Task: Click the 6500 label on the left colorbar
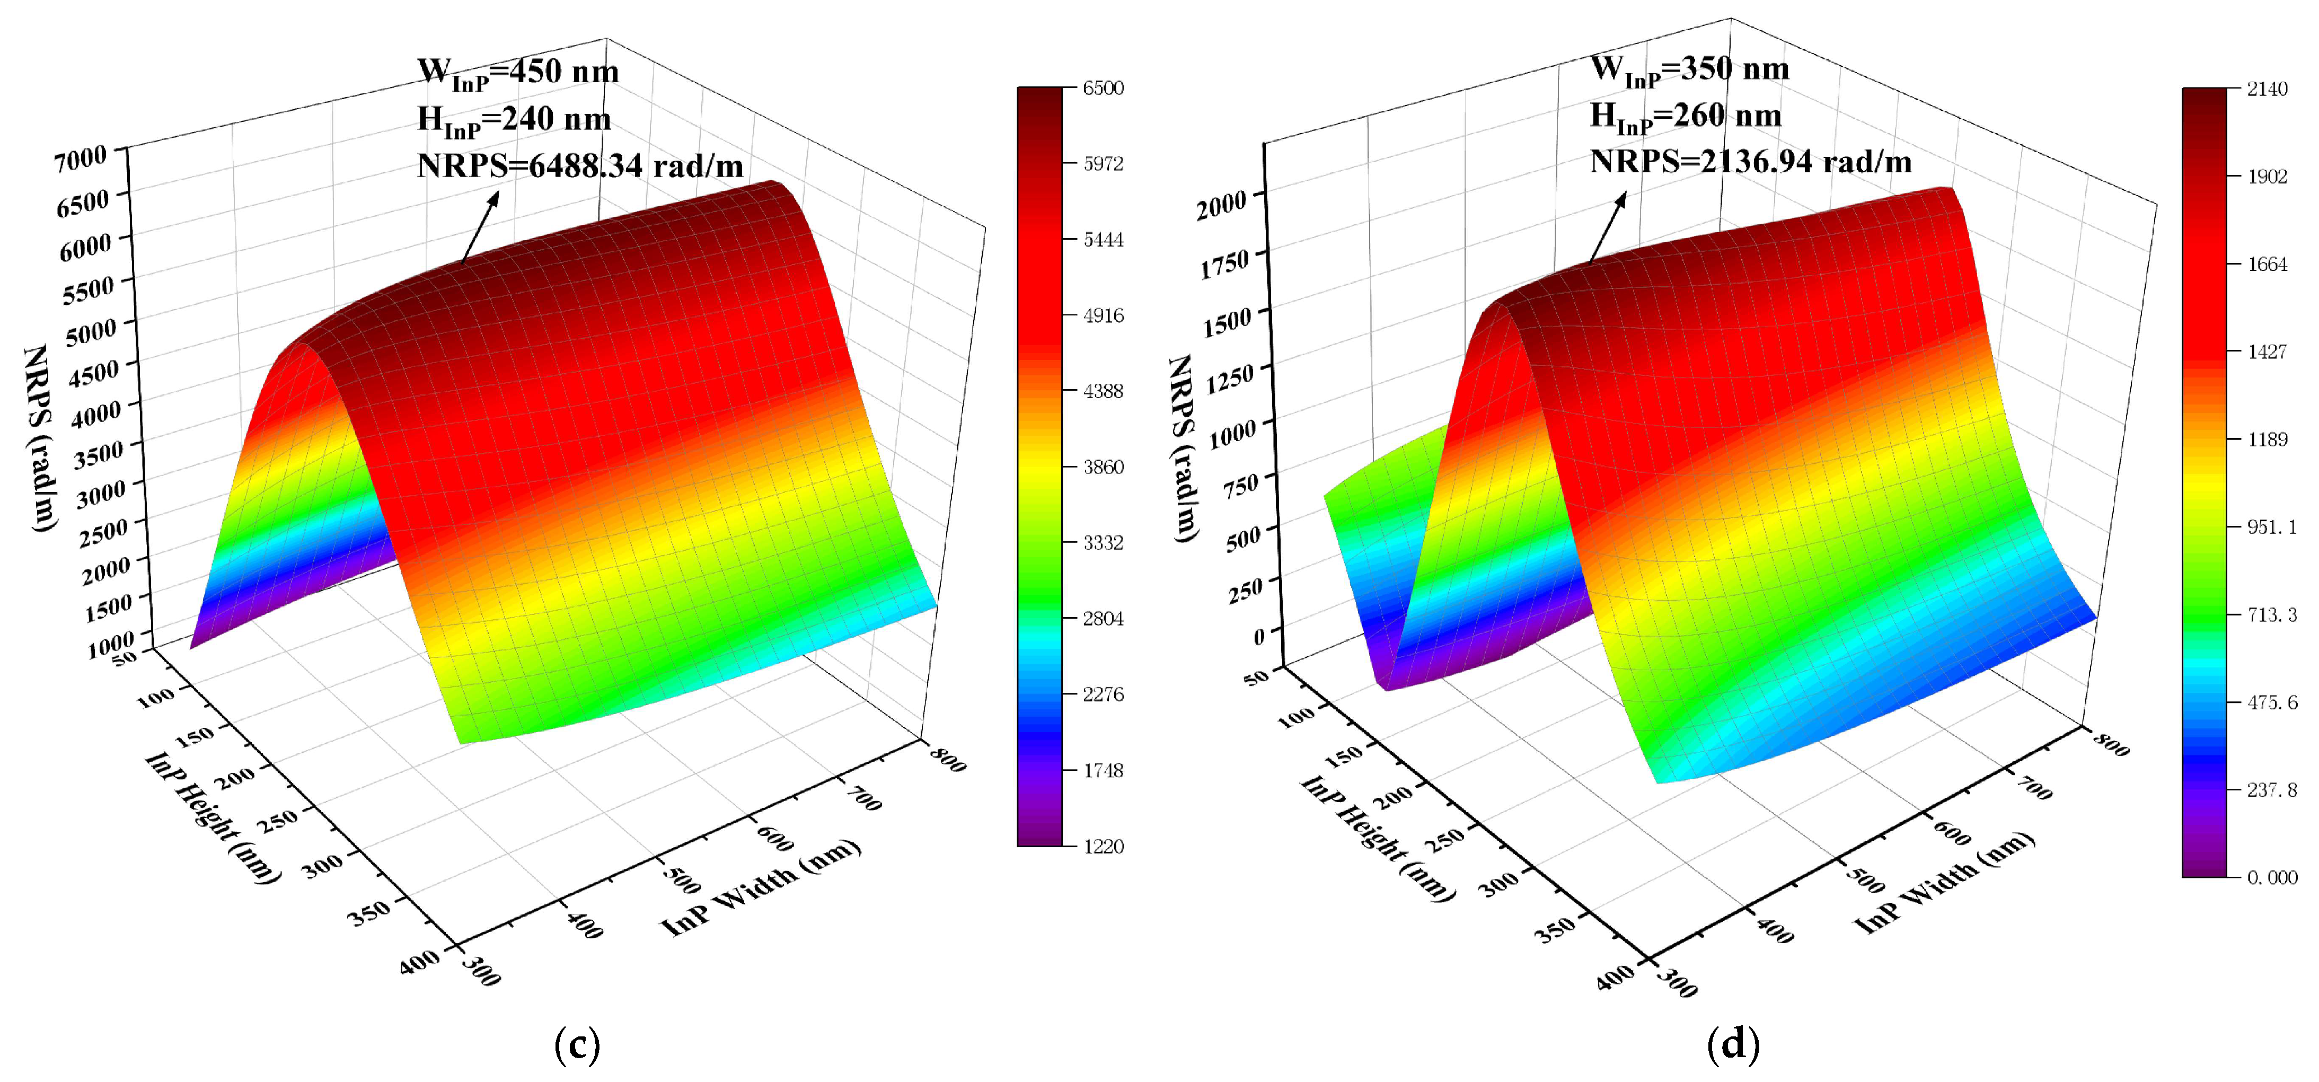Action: tap(1103, 88)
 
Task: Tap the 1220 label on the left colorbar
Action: tap(1103, 846)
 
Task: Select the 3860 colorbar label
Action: tap(1103, 467)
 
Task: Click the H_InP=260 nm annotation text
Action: tap(1685, 116)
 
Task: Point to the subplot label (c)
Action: tap(576, 1045)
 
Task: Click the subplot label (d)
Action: tap(1733, 1044)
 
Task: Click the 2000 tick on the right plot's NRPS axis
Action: tap(1222, 205)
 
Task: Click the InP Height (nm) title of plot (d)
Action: tap(1378, 837)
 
